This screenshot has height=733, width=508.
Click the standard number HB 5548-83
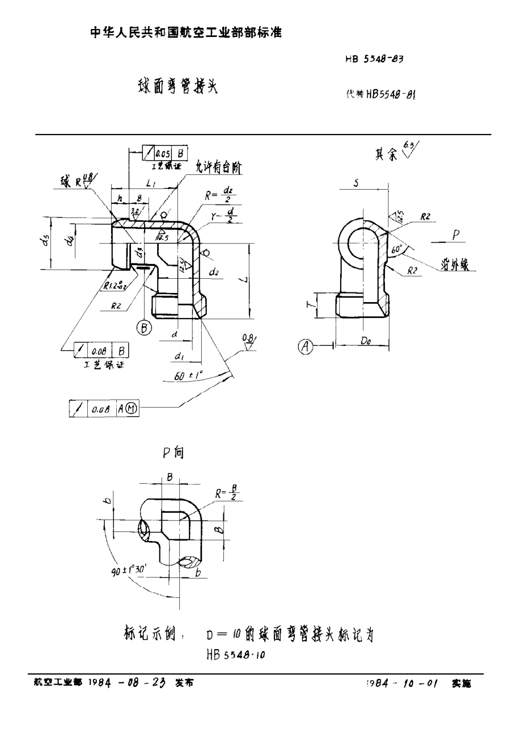pyautogui.click(x=374, y=58)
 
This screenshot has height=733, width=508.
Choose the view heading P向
pyautogui.click(x=173, y=453)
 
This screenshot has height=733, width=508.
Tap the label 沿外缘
pyautogui.click(x=459, y=265)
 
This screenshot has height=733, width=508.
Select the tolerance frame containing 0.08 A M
pyautogui.click(x=104, y=408)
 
